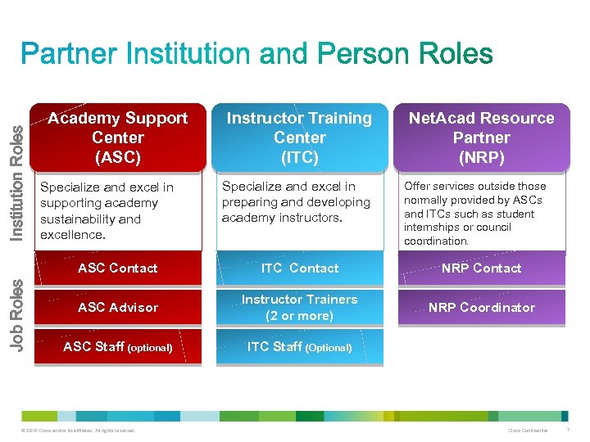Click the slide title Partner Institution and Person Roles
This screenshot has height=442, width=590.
coord(256,55)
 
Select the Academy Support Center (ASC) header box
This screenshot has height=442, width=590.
coord(118,138)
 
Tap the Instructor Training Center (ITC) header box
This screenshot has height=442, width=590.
coord(299,138)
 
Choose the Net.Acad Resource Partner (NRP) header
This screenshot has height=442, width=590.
coord(481,138)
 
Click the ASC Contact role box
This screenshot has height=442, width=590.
coord(118,268)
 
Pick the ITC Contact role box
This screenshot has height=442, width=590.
coord(299,268)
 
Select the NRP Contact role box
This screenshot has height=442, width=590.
coord(481,268)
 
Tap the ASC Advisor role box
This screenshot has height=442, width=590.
coord(118,308)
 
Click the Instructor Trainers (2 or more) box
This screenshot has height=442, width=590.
coord(299,308)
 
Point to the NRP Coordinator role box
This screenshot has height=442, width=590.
coord(481,308)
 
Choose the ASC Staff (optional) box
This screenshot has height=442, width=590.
coord(118,347)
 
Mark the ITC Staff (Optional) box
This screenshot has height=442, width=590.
coord(299,347)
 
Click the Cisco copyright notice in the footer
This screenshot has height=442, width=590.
coord(79,431)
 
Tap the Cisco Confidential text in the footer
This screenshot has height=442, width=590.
coord(528,431)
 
